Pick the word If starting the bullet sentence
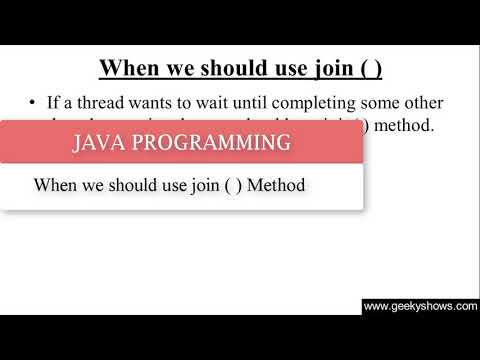coord(54,102)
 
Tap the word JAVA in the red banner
coord(103,143)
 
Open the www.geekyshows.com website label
coord(420,307)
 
